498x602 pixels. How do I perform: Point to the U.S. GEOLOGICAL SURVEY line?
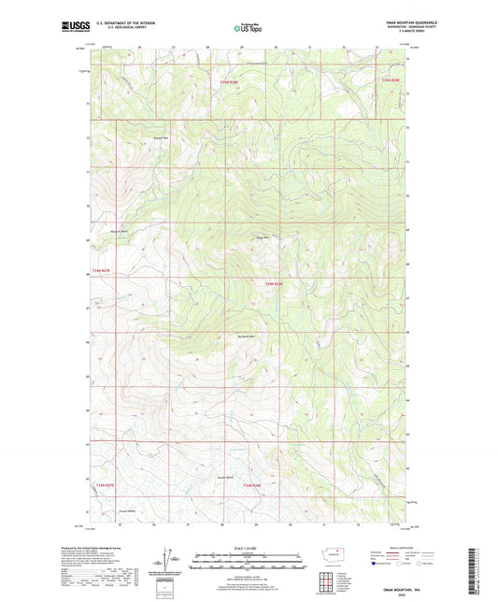pos(118,30)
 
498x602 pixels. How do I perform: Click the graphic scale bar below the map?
pos(249,559)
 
